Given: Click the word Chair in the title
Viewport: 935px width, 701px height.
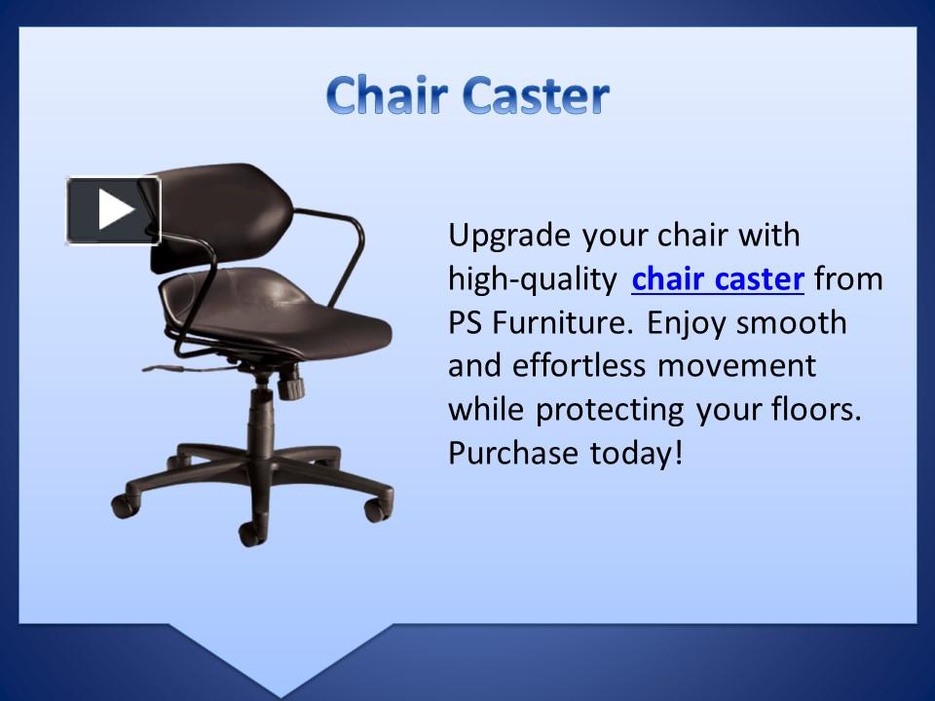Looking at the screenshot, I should click(387, 95).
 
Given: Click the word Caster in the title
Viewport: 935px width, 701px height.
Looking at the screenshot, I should click(536, 95).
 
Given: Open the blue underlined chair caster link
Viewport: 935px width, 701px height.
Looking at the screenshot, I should click(717, 279).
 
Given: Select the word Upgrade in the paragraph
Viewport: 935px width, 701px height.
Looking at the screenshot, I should click(509, 236).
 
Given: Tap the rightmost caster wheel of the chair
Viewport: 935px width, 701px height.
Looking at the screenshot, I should click(375, 508).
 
